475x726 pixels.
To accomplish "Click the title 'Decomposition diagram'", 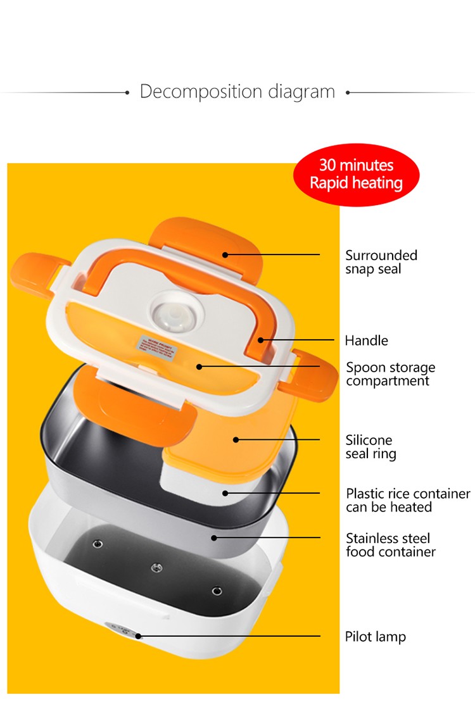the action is coord(237,92).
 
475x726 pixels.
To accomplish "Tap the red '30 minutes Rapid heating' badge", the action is coord(356,175).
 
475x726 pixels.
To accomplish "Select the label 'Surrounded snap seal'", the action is coord(381,262).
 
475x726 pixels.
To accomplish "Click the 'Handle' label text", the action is coord(366,341).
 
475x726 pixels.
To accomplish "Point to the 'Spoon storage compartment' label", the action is coord(390,374).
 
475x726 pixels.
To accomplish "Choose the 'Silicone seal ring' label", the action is coord(370,447).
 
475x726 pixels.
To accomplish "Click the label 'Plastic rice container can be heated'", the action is coord(408,500).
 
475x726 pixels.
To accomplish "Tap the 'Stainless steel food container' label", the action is coord(390,545).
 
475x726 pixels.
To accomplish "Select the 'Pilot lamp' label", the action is coord(375,637).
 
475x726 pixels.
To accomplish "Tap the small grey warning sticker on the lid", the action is coord(157,346).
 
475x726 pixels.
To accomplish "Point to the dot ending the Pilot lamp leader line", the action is coord(138,635).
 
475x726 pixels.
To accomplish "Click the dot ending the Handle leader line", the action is coord(261,341).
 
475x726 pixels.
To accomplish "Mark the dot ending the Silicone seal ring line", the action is coord(236,440).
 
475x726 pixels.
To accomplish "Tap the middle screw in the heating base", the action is coord(157,568).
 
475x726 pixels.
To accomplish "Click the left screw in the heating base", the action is coord(98,544).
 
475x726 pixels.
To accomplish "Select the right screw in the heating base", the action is coord(217,591).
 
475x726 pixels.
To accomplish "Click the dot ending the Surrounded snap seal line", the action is coord(225,254).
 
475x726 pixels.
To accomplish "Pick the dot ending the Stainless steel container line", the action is coord(214,537).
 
